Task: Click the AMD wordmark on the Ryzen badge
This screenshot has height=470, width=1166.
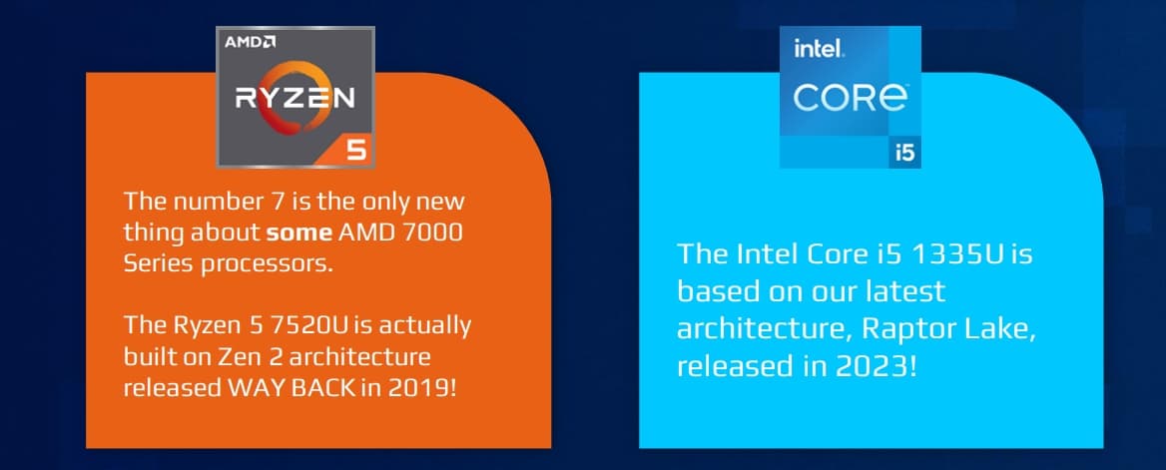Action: [250, 43]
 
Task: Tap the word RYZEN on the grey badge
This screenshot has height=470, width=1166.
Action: [295, 99]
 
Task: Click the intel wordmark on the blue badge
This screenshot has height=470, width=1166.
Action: [818, 50]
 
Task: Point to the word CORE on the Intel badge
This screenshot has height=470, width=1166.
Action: [850, 98]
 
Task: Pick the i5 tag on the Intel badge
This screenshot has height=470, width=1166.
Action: [904, 153]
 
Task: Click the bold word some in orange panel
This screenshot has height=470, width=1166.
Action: [299, 234]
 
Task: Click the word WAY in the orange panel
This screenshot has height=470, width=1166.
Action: [252, 388]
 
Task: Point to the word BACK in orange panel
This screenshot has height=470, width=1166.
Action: [316, 388]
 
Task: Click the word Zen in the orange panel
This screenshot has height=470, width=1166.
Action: [236, 357]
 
